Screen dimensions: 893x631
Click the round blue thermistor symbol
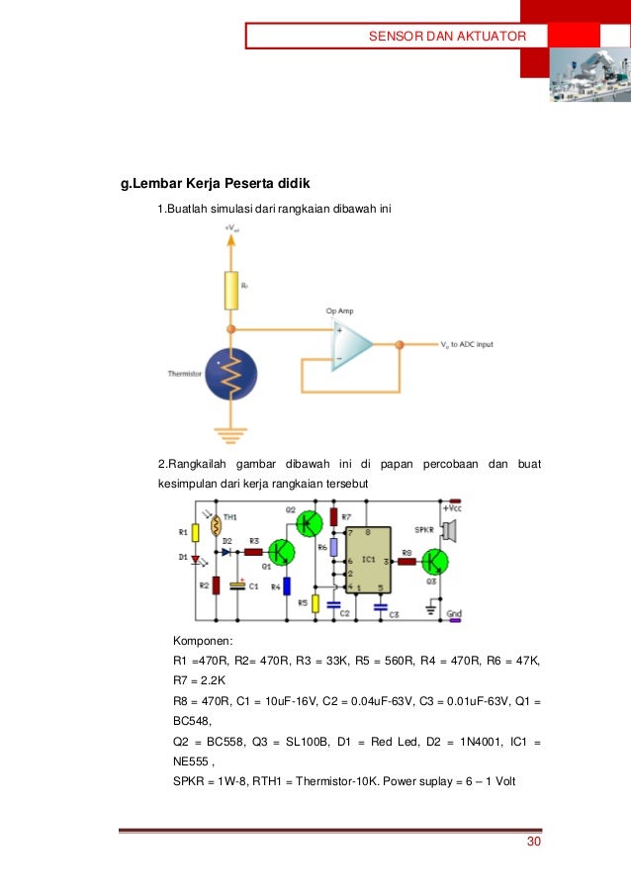[230, 373]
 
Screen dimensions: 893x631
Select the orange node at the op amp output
[400, 345]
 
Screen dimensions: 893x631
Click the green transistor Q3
[432, 561]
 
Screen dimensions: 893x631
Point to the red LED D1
[196, 559]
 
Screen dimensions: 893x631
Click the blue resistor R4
[287, 585]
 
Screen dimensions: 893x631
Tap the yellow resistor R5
[315, 602]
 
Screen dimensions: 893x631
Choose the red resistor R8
[406, 561]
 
